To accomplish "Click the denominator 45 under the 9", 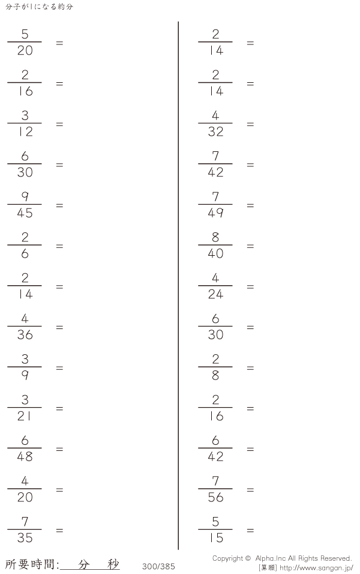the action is (x=25, y=213).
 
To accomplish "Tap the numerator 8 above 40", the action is (x=215, y=237).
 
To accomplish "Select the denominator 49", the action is (x=215, y=213).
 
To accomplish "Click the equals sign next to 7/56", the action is (x=250, y=490).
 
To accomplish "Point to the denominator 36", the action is (x=25, y=334).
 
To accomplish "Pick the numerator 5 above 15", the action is (x=215, y=522).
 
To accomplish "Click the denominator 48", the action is (x=25, y=456).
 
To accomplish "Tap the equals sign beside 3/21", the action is (x=59, y=408).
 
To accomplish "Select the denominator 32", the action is (x=215, y=131).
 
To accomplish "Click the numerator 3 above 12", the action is (x=25, y=115).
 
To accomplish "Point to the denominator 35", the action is (x=25, y=538).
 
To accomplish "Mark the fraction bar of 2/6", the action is (x=25, y=245).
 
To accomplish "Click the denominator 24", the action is (x=215, y=294).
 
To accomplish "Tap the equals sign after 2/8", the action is (x=250, y=368).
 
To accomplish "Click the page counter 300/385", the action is (x=158, y=566).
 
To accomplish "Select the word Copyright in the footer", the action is (x=227, y=558).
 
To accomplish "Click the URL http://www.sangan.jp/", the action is (x=316, y=568).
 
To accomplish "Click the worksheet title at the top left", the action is (x=39, y=7).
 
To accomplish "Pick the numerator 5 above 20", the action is (x=25, y=34).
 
